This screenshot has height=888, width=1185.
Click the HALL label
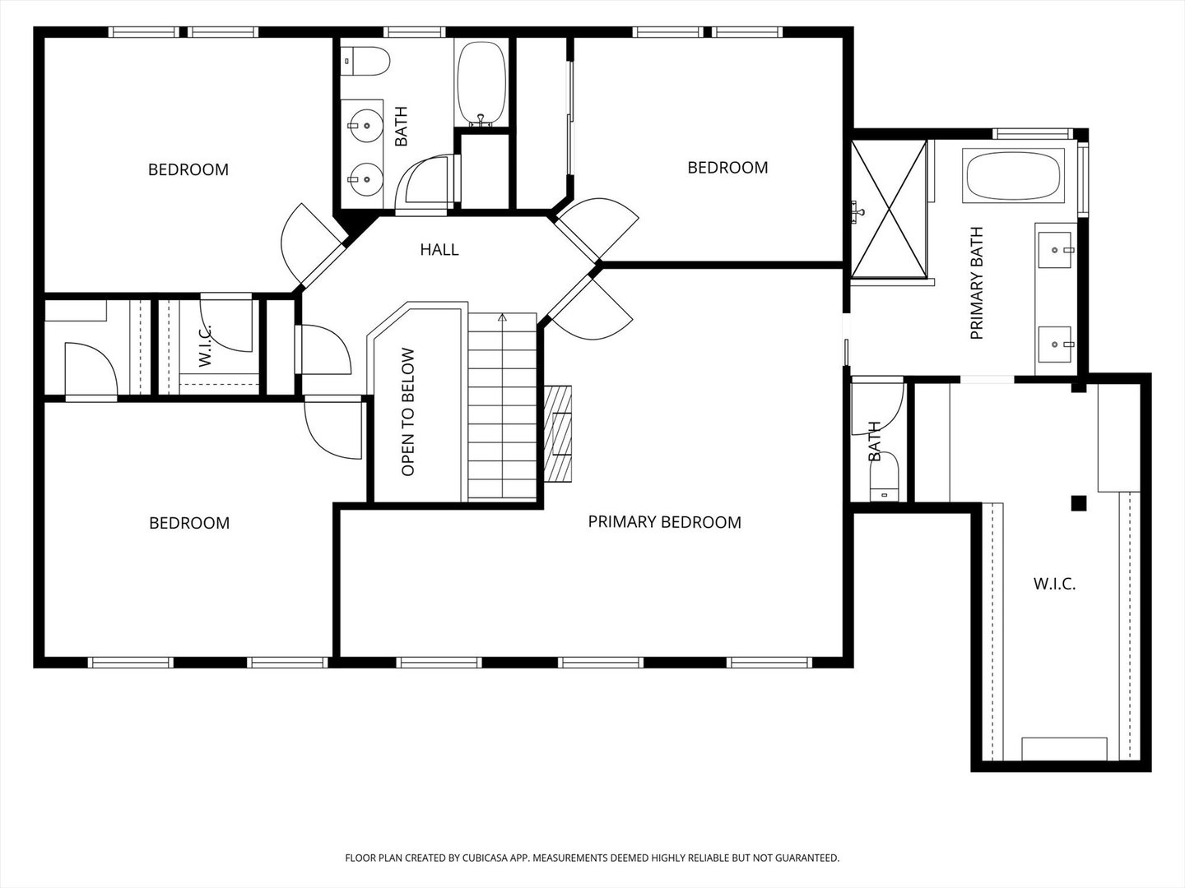click(439, 250)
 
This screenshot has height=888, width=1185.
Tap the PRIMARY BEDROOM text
click(665, 522)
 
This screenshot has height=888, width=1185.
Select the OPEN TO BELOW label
click(408, 412)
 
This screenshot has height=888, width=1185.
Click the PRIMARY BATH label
click(977, 283)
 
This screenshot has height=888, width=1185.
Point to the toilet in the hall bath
click(365, 62)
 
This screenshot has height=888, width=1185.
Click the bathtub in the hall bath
click(481, 83)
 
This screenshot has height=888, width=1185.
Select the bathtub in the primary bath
click(1013, 176)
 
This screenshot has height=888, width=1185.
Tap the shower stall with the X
click(889, 209)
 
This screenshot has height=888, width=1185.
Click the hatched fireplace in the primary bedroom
click(558, 433)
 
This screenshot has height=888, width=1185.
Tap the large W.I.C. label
click(1054, 584)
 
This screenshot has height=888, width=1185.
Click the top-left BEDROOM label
click(188, 170)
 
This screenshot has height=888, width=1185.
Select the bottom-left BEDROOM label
click(189, 523)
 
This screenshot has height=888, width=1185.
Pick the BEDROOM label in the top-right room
click(727, 168)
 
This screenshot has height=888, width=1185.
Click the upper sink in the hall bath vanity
click(365, 126)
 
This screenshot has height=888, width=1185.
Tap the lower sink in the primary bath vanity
click(1055, 344)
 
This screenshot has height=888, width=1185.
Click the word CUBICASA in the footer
click(486, 858)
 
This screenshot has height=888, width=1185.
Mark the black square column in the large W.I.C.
click(1079, 503)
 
